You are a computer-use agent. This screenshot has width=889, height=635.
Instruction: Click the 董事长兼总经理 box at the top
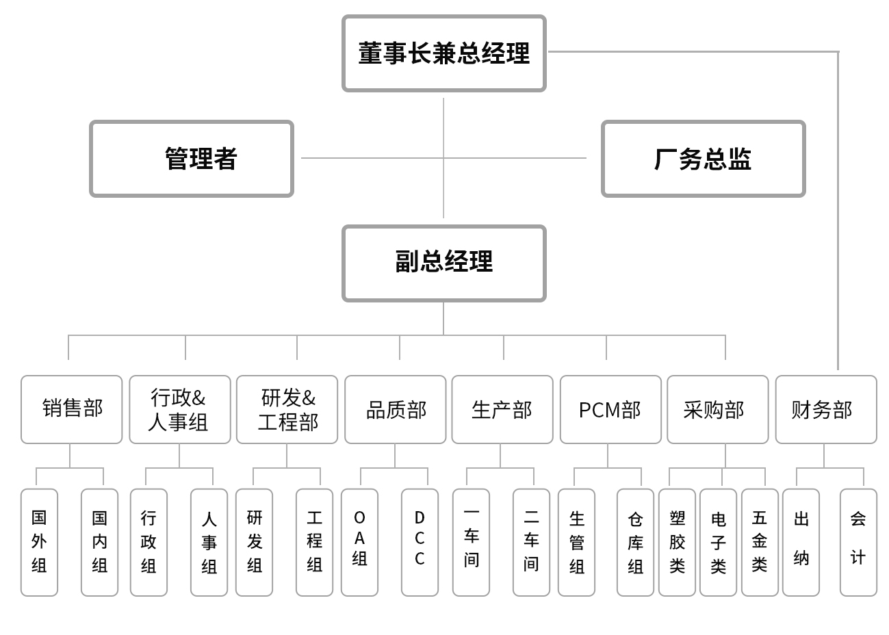tap(443, 53)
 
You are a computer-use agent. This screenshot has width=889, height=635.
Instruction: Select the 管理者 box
tap(192, 159)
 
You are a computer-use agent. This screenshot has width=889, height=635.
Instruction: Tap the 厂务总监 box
tap(703, 159)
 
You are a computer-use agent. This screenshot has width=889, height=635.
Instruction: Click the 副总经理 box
tap(443, 263)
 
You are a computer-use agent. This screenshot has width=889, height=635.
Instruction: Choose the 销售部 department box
tap(71, 409)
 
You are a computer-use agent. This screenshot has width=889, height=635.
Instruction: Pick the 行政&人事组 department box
tap(179, 409)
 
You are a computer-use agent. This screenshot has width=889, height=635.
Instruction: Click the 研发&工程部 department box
tap(287, 409)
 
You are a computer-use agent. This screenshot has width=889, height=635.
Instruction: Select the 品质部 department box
tap(395, 409)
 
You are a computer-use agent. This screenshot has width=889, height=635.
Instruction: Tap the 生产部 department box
tap(502, 409)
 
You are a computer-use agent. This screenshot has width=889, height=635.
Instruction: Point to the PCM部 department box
tap(610, 409)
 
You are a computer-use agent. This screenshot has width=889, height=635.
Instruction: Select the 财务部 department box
tap(825, 409)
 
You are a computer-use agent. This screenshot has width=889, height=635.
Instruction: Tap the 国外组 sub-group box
tap(39, 542)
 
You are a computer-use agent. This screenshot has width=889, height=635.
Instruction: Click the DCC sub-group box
tap(420, 542)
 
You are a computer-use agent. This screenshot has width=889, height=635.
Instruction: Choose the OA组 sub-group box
tap(359, 542)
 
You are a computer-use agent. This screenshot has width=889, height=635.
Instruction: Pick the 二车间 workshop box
tap(531, 542)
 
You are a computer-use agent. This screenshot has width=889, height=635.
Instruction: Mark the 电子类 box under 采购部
tap(718, 542)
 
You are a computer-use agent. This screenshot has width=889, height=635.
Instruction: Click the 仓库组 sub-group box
tap(635, 542)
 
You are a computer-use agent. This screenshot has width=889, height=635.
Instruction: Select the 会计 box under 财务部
tap(858, 542)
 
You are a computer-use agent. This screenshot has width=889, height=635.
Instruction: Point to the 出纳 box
tap(801, 542)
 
